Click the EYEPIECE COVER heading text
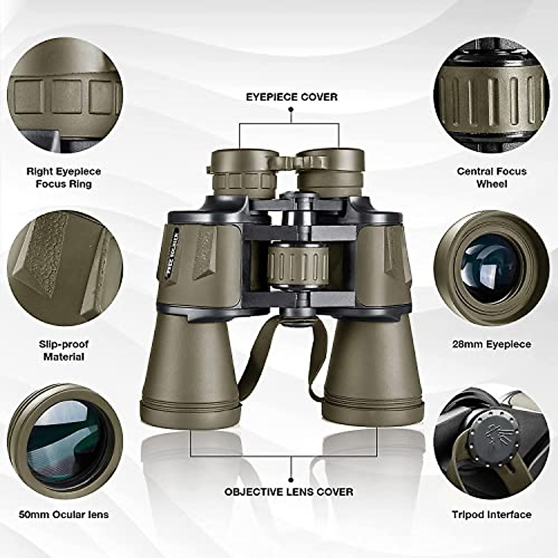point(292,97)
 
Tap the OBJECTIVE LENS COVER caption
point(289,492)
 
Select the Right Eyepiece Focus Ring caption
point(64,178)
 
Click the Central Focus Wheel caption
point(492,178)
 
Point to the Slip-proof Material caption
point(64,351)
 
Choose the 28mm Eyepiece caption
point(492,345)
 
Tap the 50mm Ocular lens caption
point(64,515)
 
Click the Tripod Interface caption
point(492,515)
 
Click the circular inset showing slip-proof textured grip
point(65,270)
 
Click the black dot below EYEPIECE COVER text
point(291,110)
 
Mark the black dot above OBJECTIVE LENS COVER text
point(291,479)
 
